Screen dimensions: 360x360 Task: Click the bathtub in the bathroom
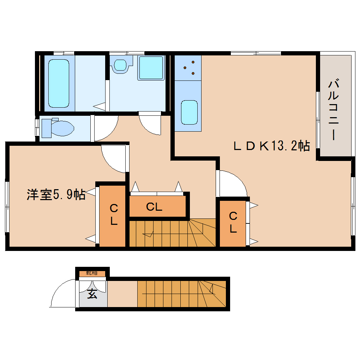(59, 83)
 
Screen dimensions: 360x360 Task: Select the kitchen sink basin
(189, 112)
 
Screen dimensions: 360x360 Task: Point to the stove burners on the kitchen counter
(188, 68)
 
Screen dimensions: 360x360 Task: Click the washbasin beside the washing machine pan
(121, 65)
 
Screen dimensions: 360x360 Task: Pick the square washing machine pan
(151, 67)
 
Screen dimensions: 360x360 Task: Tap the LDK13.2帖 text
(272, 146)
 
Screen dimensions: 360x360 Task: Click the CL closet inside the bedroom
(113, 215)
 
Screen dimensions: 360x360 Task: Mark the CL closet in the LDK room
(233, 223)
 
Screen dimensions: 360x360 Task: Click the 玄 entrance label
(92, 294)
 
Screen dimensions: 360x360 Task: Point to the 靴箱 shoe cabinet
(92, 273)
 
